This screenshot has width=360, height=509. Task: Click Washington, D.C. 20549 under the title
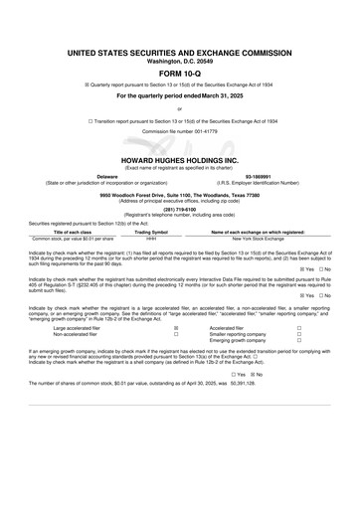click(x=179, y=61)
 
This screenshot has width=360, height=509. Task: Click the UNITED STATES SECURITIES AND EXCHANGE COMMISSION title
click(x=179, y=50)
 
